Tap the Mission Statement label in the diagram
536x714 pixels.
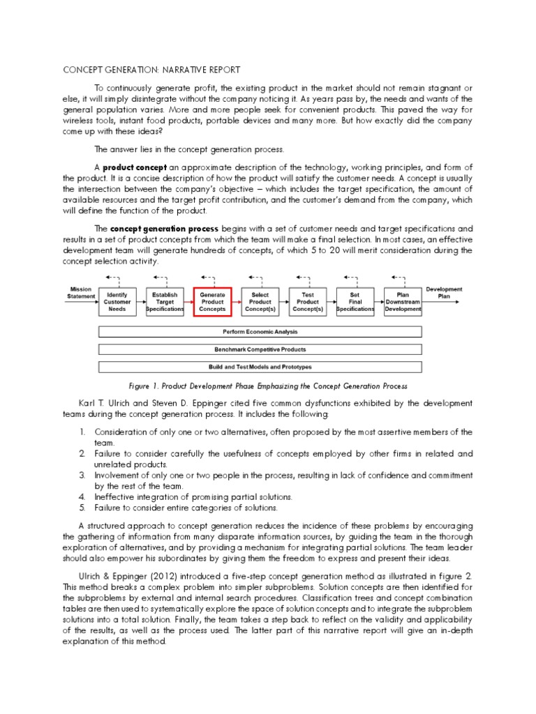click(81, 292)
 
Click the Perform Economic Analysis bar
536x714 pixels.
click(260, 332)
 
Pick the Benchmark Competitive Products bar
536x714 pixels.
click(260, 349)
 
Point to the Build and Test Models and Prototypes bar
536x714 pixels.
click(260, 367)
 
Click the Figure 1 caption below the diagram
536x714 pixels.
click(268, 386)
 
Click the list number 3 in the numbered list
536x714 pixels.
click(82, 474)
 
